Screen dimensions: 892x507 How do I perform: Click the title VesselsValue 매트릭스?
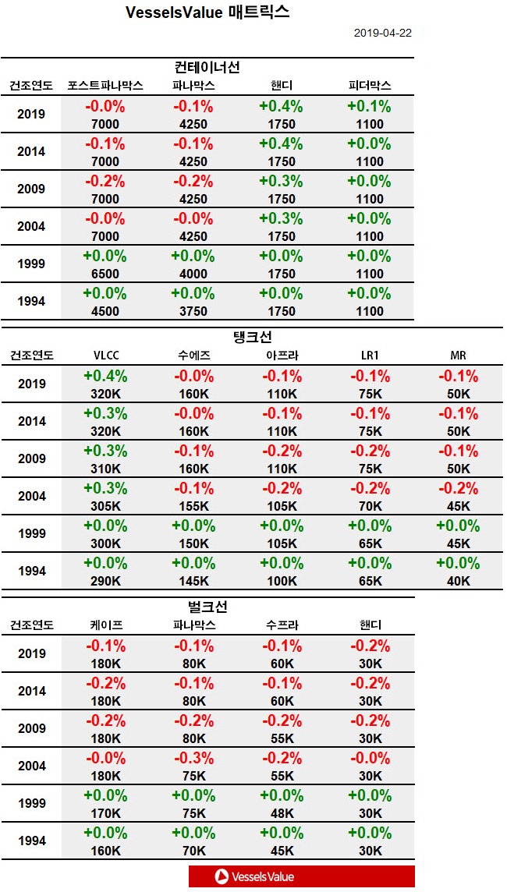coord(207,13)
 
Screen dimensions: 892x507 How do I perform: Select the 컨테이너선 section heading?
coord(207,67)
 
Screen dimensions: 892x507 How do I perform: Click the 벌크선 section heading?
coord(207,607)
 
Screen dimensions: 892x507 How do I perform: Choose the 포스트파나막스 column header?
coord(105,86)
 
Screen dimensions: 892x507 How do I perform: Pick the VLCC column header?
coord(105,356)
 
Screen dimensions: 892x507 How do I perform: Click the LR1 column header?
coord(370,356)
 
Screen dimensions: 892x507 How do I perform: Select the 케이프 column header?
coord(105,625)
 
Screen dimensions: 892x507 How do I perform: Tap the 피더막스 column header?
coord(370,86)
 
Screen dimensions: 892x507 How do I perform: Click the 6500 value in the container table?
coord(105,274)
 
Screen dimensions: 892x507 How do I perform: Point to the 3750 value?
coord(193,311)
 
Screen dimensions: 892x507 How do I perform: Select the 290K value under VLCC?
coord(105,581)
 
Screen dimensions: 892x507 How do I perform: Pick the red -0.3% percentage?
coord(193,758)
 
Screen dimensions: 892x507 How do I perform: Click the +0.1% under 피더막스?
coord(370,106)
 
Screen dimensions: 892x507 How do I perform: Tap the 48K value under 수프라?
coord(282,813)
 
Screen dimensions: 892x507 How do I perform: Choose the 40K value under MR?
coord(458,581)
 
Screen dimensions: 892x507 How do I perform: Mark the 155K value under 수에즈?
coord(193,506)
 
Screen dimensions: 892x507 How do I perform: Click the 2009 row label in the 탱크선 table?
coord(31,458)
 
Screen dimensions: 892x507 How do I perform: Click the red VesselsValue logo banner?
coord(301,876)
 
